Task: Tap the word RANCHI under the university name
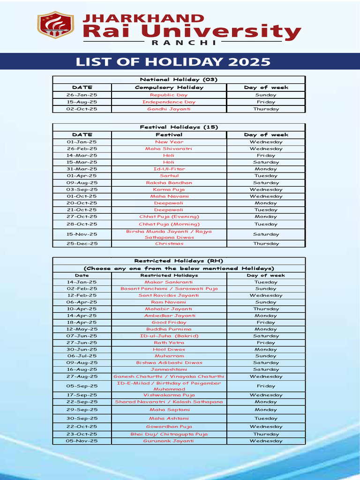point(184,42)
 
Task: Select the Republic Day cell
point(169,95)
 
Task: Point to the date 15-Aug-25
point(82,102)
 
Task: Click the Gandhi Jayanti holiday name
point(169,109)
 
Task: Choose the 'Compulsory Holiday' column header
point(169,87)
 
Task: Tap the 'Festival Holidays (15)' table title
point(179,127)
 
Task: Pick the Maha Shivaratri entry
point(169,149)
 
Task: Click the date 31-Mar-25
point(82,169)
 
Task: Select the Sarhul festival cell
point(169,176)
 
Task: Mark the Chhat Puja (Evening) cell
point(169,217)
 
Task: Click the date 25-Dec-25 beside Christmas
point(82,244)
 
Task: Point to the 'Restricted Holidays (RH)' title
point(179,261)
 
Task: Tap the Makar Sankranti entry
point(169,282)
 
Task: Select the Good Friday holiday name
point(169,322)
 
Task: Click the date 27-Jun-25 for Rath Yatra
point(82,343)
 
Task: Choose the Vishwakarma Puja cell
point(169,395)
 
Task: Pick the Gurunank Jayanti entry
point(169,441)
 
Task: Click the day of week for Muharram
point(266,356)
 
